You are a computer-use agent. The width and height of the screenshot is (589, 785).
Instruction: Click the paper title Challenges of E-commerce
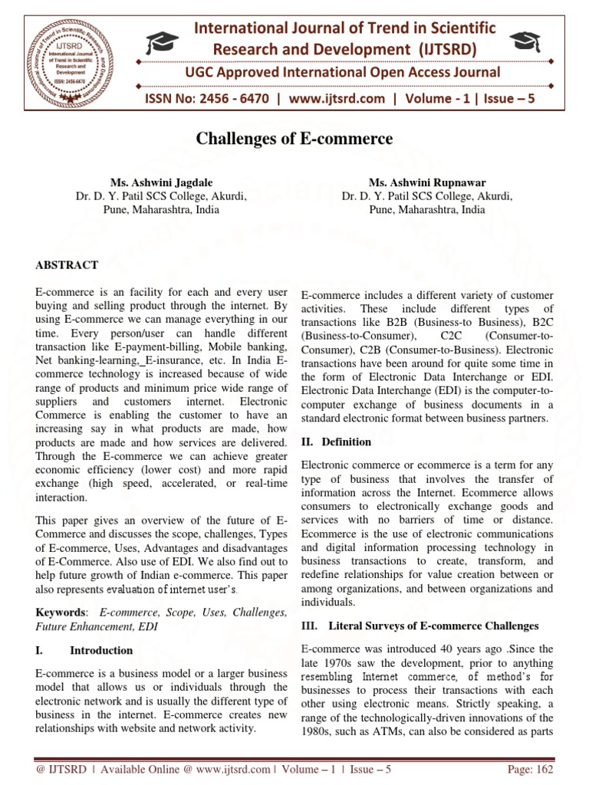click(294, 139)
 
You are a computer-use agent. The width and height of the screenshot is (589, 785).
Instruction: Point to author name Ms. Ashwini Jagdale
click(160, 183)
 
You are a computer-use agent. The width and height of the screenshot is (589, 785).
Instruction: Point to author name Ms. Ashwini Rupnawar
click(426, 183)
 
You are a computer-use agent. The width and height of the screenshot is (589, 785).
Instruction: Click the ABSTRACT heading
click(67, 265)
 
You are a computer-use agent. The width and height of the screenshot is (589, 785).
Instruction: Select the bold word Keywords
click(61, 613)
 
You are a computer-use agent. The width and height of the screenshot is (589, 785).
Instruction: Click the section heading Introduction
click(101, 650)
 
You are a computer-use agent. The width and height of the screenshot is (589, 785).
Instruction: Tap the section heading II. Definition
click(336, 442)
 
